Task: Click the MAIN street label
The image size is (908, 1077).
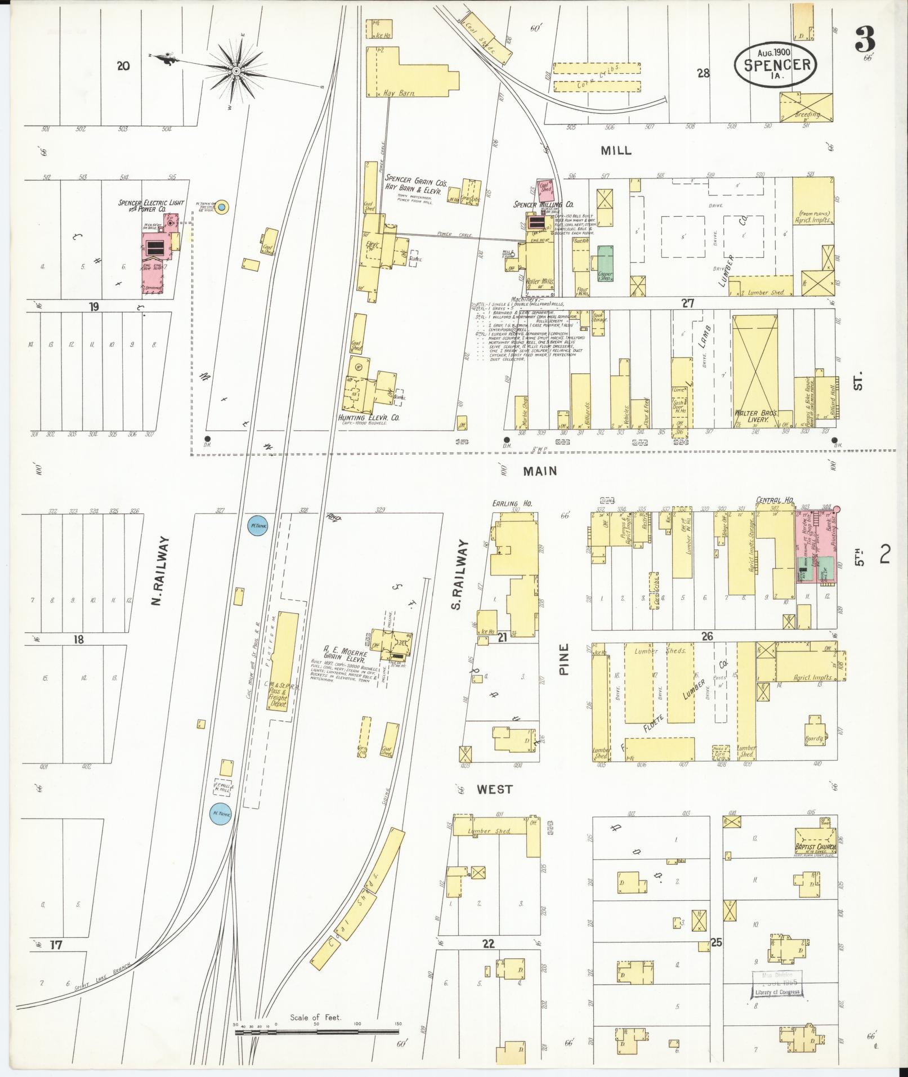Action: [x=539, y=471]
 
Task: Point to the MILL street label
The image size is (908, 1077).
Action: [x=616, y=150]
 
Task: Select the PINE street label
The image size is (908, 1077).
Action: [x=565, y=659]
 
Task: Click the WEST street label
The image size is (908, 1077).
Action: [x=495, y=789]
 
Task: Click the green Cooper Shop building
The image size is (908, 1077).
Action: [x=605, y=263]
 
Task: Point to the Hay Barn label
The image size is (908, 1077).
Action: [x=399, y=93]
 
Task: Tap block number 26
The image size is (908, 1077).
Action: [x=707, y=636]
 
